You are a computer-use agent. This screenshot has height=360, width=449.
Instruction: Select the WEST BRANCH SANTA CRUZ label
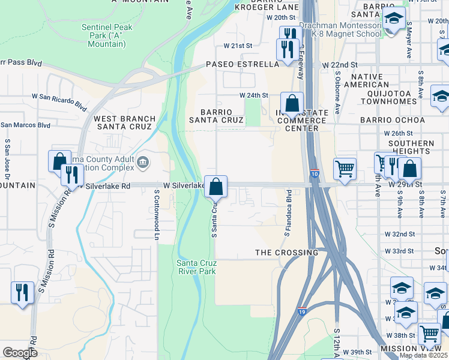(x=125, y=122)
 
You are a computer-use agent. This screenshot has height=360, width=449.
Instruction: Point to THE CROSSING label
(x=286, y=253)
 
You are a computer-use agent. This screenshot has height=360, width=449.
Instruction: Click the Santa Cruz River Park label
(x=196, y=267)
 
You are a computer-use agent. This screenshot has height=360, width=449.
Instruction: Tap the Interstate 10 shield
(x=315, y=174)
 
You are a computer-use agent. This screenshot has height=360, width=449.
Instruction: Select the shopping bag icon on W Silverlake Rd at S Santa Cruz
(x=216, y=187)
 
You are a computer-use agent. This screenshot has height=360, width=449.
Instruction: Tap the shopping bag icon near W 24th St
(x=292, y=104)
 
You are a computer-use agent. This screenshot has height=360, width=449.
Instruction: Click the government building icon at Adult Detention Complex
(x=143, y=161)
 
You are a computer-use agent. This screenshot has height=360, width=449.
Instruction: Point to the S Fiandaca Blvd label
(x=288, y=212)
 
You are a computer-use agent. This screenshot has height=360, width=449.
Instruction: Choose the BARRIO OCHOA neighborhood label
(x=393, y=120)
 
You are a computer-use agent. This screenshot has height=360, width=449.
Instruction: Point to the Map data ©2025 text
(x=422, y=355)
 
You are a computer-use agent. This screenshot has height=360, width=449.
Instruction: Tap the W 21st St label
(x=238, y=46)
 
